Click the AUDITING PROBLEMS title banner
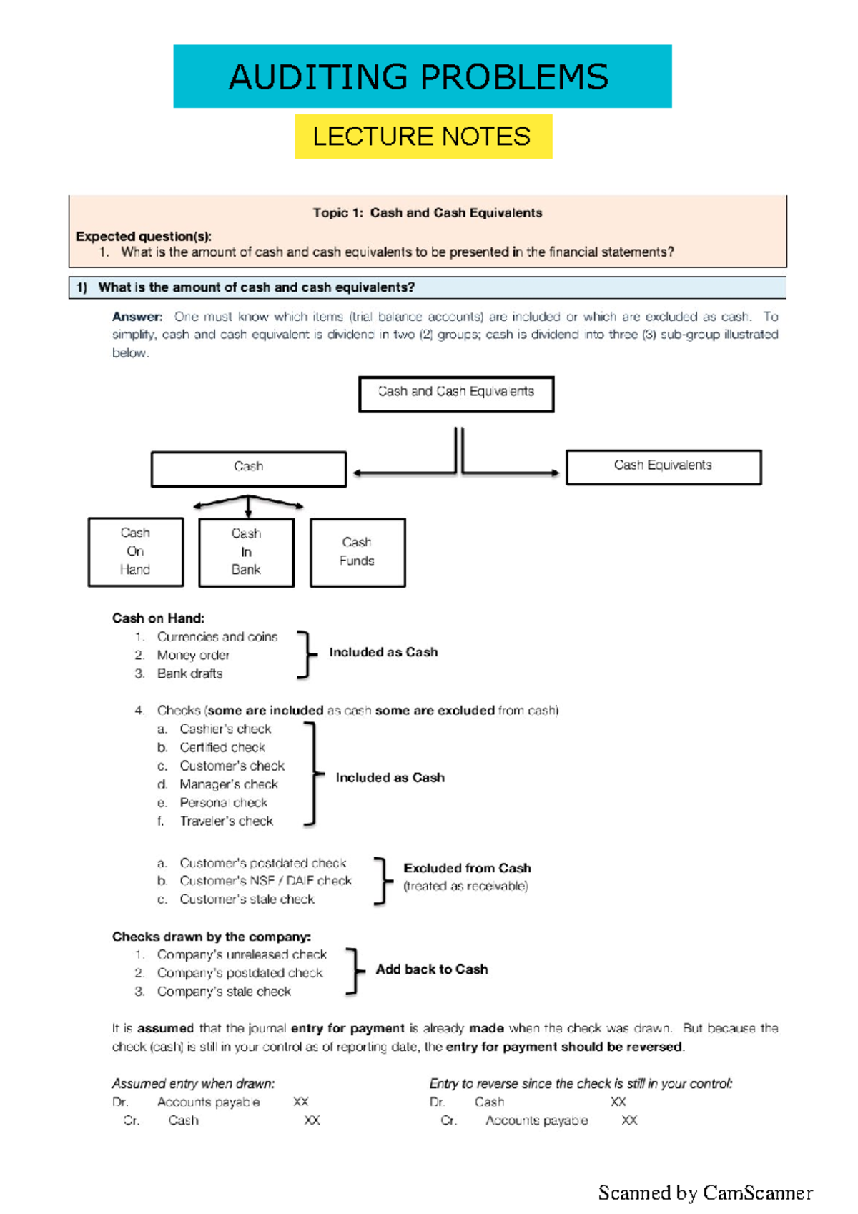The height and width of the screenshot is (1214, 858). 422,77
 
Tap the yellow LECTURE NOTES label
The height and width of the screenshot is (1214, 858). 423,136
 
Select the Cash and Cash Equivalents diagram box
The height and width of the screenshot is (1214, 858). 456,394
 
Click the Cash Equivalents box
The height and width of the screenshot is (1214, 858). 664,467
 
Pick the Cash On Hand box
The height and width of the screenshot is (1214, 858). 135,552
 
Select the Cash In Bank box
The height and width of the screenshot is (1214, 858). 246,553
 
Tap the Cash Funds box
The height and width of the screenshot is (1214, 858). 357,553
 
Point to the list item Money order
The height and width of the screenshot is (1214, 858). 193,655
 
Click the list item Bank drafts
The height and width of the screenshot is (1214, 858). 189,673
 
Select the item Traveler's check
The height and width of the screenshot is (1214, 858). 226,821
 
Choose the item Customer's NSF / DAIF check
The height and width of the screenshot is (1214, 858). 265,881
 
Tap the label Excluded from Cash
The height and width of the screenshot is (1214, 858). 467,868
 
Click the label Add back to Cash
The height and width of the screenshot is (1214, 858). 432,969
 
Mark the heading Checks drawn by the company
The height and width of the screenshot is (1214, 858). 211,937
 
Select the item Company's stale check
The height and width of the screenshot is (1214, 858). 224,992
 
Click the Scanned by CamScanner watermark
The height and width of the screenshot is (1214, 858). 705,1193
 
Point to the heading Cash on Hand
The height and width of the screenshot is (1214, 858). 158,618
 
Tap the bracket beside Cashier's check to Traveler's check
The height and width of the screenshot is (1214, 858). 312,774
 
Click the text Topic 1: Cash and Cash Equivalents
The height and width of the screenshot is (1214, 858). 428,213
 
